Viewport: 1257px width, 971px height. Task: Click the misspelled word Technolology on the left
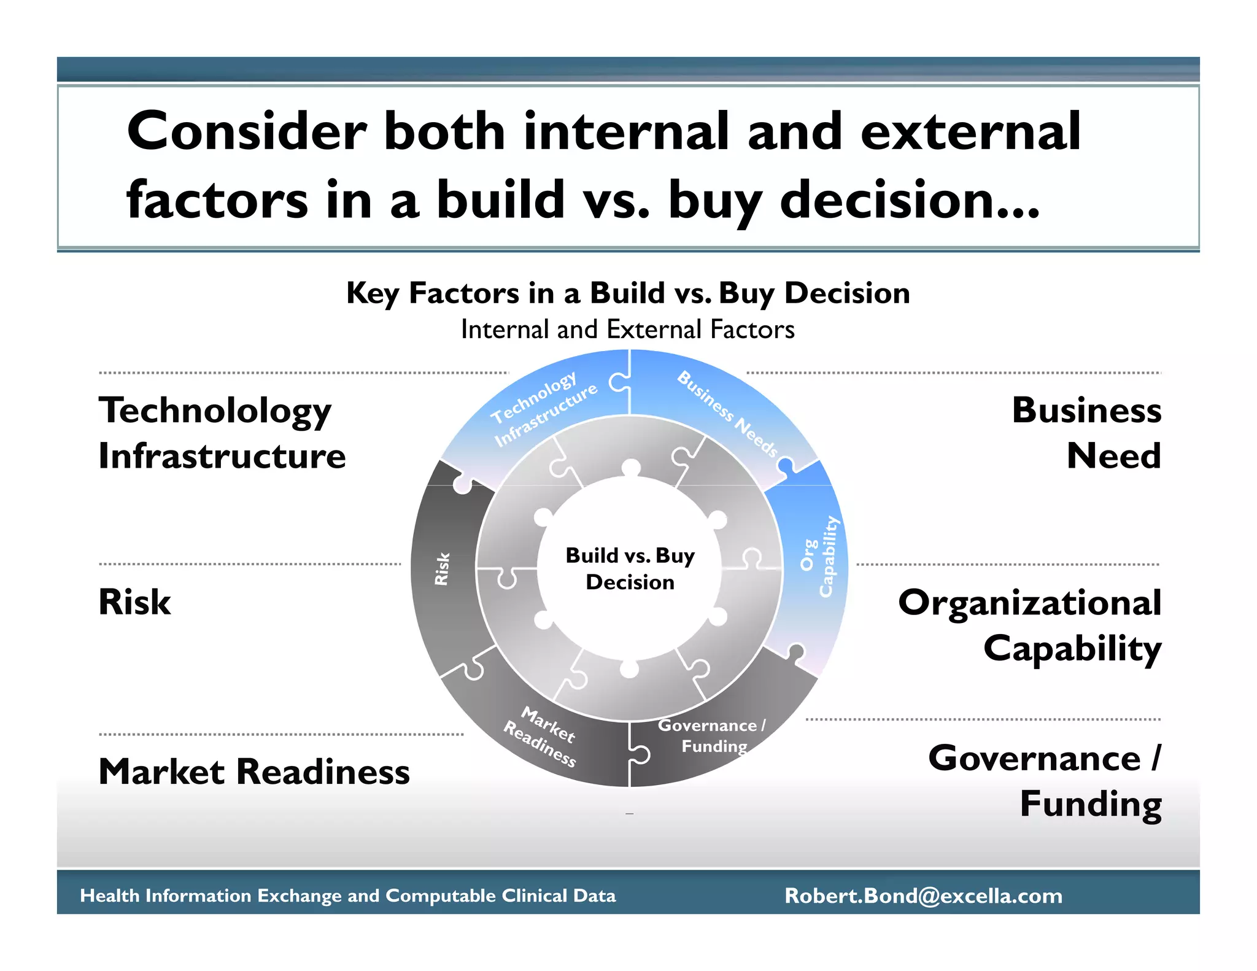tap(215, 411)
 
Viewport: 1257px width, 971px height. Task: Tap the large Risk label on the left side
tap(134, 602)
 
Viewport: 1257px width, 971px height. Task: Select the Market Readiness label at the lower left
tap(254, 772)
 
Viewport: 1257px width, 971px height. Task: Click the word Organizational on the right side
tap(1029, 603)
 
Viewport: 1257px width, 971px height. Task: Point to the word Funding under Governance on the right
tap(1090, 804)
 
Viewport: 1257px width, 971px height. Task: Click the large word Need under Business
tap(1113, 456)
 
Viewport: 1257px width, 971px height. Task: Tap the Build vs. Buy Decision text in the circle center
tap(630, 568)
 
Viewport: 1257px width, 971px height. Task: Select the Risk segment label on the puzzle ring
tap(442, 569)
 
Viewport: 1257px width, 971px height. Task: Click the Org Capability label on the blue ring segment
tap(819, 556)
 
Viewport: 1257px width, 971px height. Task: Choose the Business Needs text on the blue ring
tap(727, 413)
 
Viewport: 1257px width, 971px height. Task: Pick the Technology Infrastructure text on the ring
tap(544, 408)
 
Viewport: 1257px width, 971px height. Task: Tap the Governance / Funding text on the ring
tap(712, 735)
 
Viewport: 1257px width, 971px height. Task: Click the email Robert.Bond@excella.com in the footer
tap(923, 896)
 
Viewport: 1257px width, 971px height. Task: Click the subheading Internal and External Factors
tap(628, 330)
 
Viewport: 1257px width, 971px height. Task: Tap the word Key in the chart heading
tap(373, 293)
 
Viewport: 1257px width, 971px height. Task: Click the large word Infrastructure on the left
tap(222, 456)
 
